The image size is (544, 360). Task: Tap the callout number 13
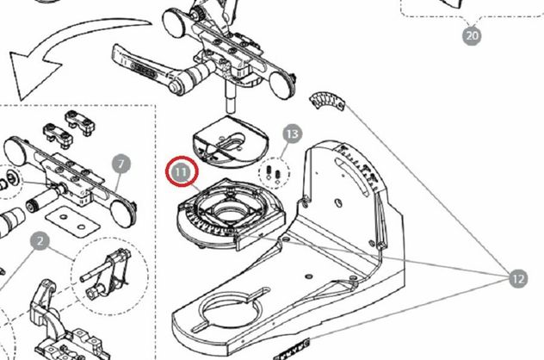pos(293,133)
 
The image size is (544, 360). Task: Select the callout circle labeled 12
pos(517,278)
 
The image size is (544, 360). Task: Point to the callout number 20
pos(472,35)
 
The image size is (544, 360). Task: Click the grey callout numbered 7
pos(121,164)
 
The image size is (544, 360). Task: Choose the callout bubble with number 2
pos(40,241)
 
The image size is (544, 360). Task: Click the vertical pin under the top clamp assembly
pos(231,95)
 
